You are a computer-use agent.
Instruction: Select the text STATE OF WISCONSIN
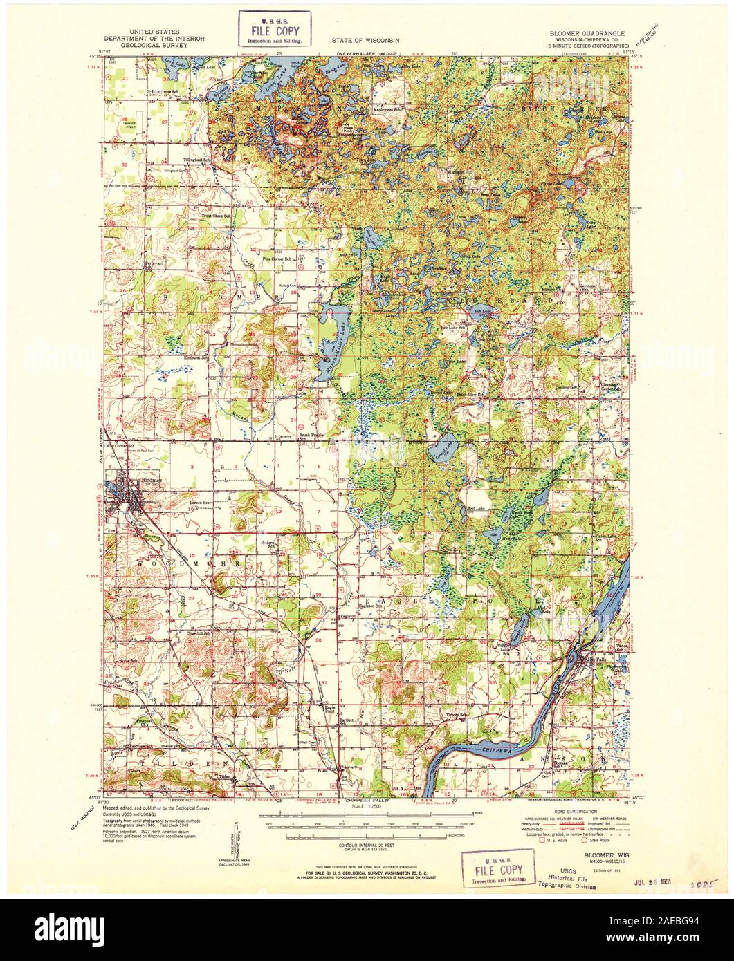pos(366,41)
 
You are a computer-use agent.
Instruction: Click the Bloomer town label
pos(151,479)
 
